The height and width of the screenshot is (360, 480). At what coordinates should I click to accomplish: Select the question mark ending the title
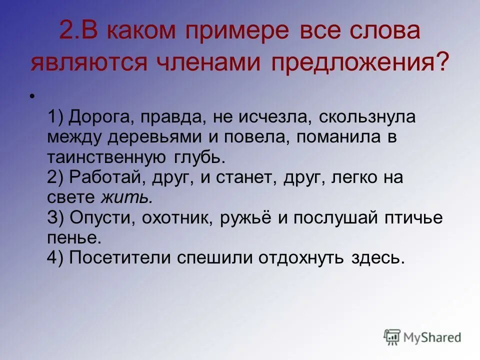441,63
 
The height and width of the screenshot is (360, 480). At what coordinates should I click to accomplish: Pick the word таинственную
106,157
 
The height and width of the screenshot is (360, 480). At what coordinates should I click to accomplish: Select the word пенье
74,237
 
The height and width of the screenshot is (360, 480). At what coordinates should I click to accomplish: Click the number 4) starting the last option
55,257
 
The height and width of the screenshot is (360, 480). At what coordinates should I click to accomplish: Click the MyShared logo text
432,337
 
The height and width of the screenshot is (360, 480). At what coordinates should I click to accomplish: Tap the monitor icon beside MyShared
392,337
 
